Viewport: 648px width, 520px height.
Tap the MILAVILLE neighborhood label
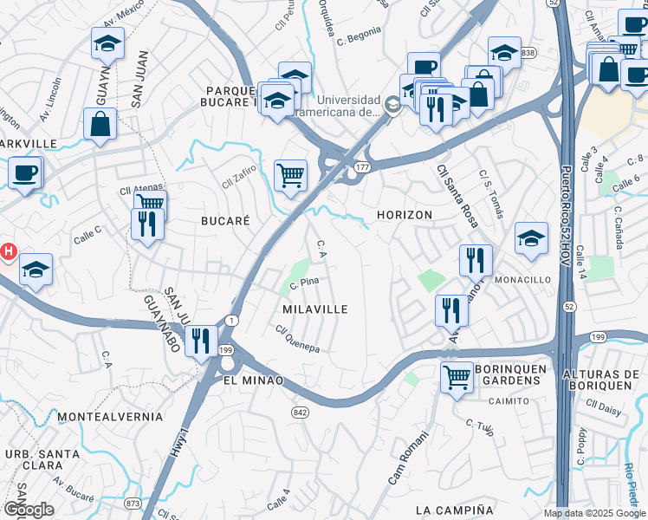[315, 309]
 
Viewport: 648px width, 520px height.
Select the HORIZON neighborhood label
[405, 215]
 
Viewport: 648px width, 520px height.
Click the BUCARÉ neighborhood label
[225, 221]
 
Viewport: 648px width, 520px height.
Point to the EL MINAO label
[253, 380]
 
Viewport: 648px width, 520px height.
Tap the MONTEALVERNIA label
[110, 418]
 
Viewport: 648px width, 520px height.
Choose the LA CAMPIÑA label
[454, 510]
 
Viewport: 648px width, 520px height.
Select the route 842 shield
[301, 412]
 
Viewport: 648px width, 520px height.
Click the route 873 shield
[133, 503]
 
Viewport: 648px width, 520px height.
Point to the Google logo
[29, 510]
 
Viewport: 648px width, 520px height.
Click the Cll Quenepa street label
[297, 338]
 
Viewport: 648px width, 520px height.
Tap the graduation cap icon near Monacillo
[531, 238]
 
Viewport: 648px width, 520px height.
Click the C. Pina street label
[305, 283]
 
